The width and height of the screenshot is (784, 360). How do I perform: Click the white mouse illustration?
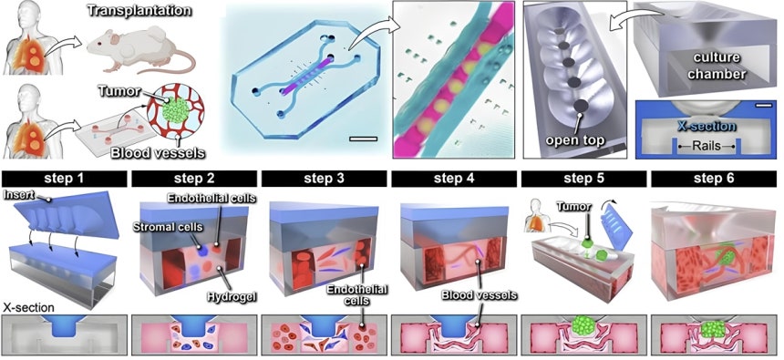click(141, 49)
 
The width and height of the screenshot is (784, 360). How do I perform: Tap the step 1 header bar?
click(64, 179)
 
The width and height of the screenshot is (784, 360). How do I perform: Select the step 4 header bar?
click(453, 179)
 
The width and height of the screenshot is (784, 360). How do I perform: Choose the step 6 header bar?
click(713, 179)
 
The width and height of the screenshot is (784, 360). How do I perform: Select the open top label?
click(575, 140)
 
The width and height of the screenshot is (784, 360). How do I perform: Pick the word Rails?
click(707, 147)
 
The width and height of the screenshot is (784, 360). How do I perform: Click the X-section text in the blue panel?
click(707, 126)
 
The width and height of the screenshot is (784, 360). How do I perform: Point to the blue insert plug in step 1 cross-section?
click(64, 325)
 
